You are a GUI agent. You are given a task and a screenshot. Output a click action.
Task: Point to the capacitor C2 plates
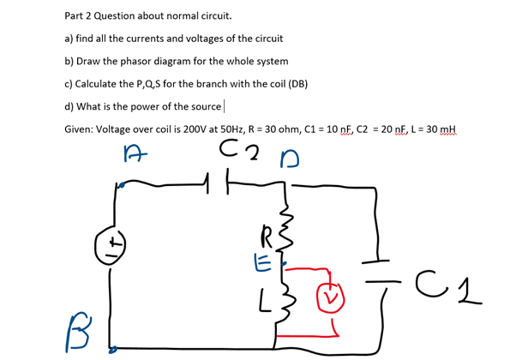point(220,183)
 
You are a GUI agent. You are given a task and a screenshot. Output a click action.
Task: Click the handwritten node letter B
point(75,322)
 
